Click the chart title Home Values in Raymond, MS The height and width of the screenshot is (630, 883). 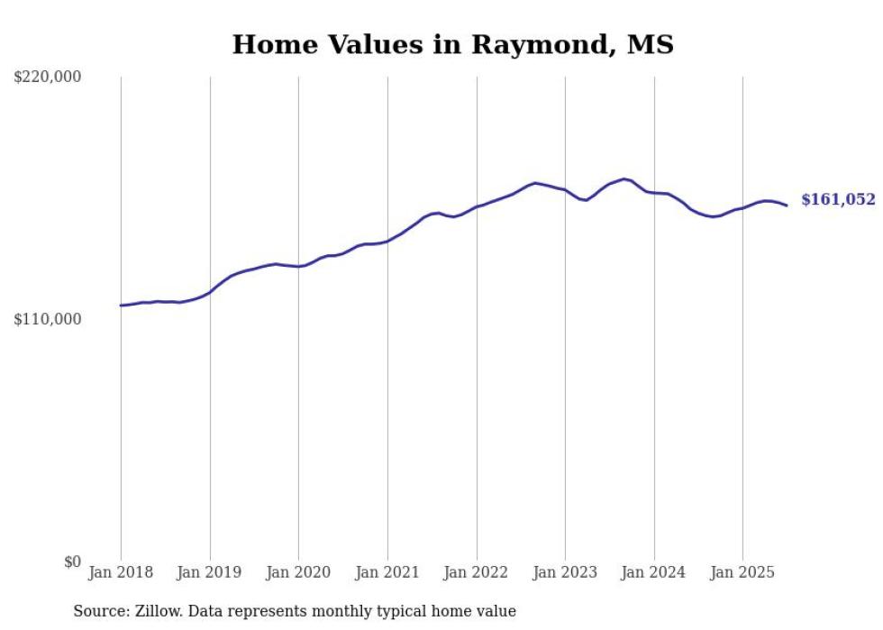click(x=452, y=44)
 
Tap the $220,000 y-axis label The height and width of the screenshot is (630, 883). click(x=48, y=78)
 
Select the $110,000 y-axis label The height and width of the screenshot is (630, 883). click(x=48, y=319)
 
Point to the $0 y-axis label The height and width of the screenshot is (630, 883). click(x=72, y=562)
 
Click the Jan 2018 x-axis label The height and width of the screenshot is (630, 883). click(x=121, y=572)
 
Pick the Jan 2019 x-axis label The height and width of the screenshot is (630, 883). click(x=210, y=572)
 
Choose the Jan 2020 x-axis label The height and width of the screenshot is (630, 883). click(x=298, y=572)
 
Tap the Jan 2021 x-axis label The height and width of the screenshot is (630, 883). click(x=387, y=572)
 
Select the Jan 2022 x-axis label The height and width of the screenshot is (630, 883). click(x=477, y=572)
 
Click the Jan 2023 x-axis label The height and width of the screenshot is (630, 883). click(x=565, y=572)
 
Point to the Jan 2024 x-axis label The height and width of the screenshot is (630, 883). click(x=654, y=572)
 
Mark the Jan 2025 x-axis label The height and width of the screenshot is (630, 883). click(x=742, y=572)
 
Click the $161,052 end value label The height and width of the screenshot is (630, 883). click(x=838, y=200)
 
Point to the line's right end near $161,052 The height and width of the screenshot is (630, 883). click(x=787, y=205)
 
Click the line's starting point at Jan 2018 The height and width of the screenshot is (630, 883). click(x=121, y=306)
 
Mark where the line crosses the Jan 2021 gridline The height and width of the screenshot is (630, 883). click(x=387, y=241)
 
